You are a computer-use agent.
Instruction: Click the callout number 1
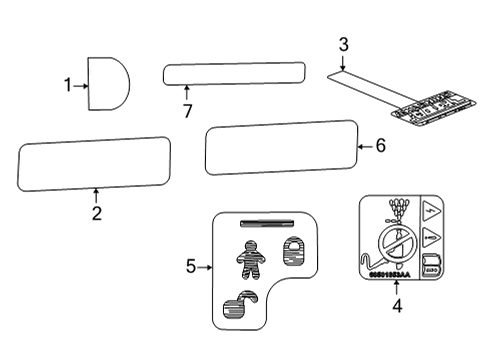pyautogui.click(x=69, y=85)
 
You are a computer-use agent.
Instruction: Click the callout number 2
pyautogui.click(x=96, y=212)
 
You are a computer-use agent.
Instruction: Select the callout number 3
pyautogui.click(x=343, y=45)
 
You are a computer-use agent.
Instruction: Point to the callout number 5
pyautogui.click(x=192, y=267)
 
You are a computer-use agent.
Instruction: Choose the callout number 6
pyautogui.click(x=379, y=146)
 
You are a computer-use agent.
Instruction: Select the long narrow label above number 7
pyautogui.click(x=234, y=73)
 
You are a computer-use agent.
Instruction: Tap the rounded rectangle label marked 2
pyautogui.click(x=94, y=164)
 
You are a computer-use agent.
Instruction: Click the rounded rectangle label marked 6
pyautogui.click(x=282, y=147)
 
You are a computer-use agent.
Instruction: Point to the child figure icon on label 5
pyautogui.click(x=251, y=263)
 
